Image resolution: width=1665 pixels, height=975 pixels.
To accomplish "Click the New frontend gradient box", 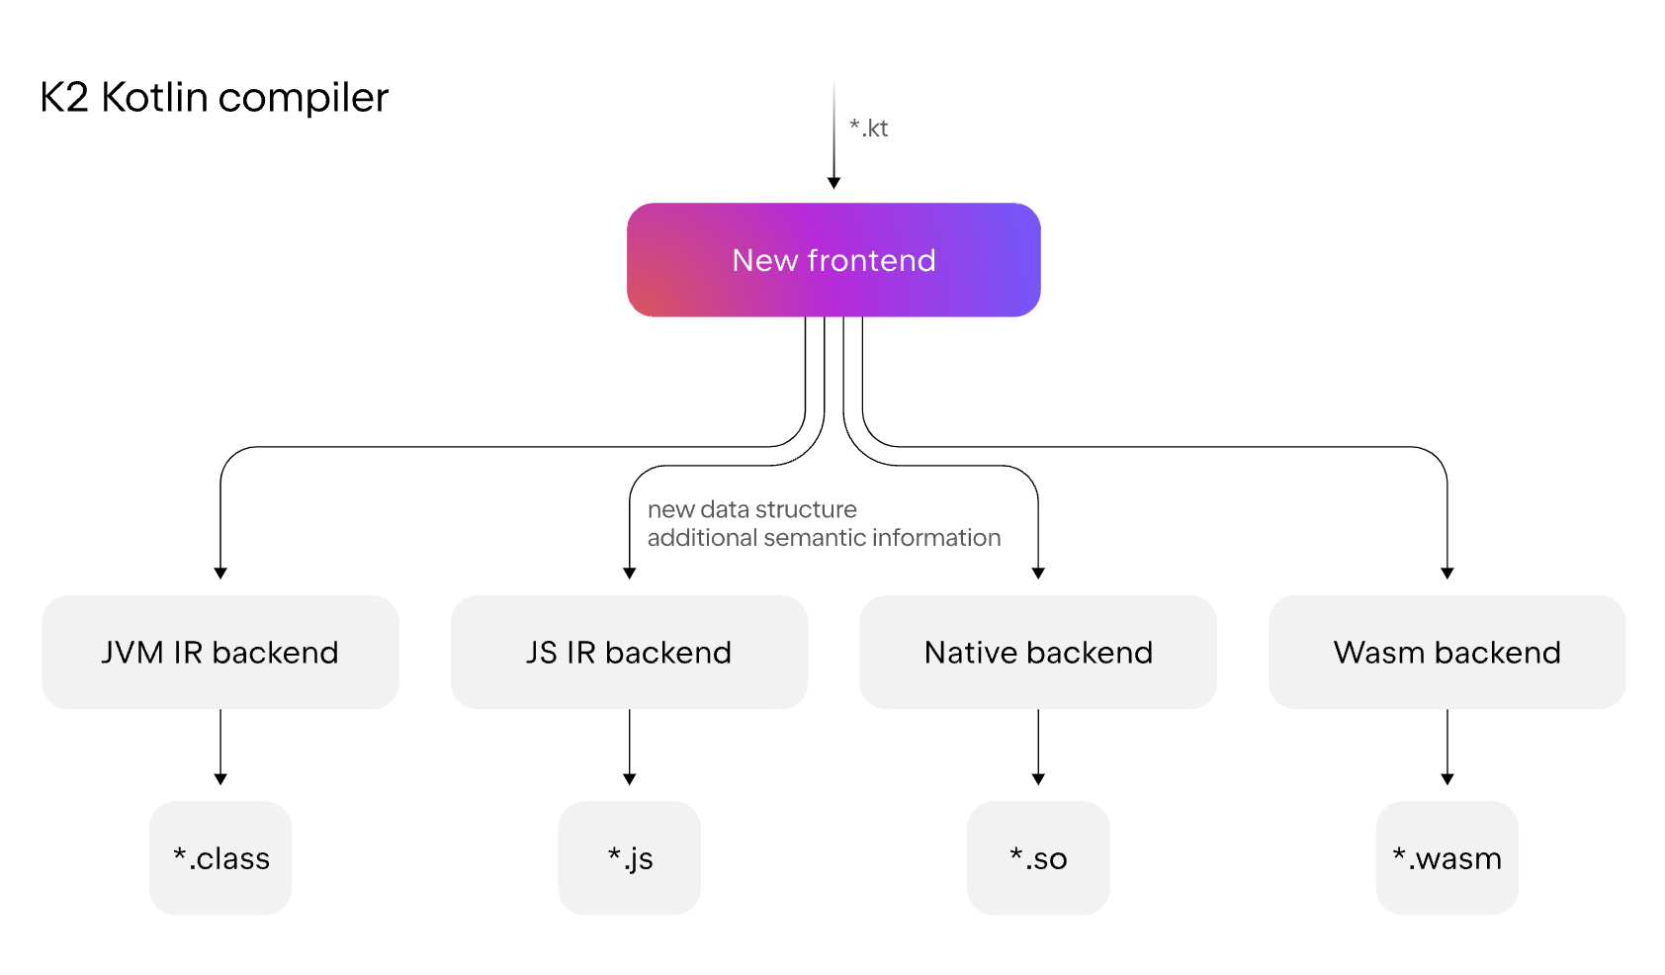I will (833, 260).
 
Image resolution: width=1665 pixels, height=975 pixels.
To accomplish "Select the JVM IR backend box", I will (219, 653).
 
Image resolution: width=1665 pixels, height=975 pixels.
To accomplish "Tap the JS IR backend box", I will (629, 653).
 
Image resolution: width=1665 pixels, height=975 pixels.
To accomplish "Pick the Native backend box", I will (1038, 653).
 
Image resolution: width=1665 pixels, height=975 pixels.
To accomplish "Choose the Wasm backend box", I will (1446, 653).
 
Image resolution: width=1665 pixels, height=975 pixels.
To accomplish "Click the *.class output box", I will (220, 858).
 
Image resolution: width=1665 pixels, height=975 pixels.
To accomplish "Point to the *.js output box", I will (630, 858).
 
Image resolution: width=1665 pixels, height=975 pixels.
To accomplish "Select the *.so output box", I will (1038, 858).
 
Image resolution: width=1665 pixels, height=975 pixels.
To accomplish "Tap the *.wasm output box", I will (1446, 858).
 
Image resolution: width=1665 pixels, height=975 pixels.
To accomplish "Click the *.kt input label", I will (869, 129).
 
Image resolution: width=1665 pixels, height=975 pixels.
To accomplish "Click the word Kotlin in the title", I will (154, 98).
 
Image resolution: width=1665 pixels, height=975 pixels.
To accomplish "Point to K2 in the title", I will (64, 98).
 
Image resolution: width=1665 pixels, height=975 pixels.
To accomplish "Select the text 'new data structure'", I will (751, 510).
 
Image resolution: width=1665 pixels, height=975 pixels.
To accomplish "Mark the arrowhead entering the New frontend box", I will (833, 183).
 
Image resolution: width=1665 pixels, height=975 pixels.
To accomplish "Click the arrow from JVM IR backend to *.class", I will (220, 747).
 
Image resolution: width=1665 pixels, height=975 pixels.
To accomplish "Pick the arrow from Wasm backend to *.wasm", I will (1447, 747).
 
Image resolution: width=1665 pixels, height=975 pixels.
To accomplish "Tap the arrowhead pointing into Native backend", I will (1038, 573).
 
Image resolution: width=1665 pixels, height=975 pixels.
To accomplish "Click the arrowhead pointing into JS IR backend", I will (630, 573).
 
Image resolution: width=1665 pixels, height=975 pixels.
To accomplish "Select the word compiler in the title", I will (303, 98).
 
